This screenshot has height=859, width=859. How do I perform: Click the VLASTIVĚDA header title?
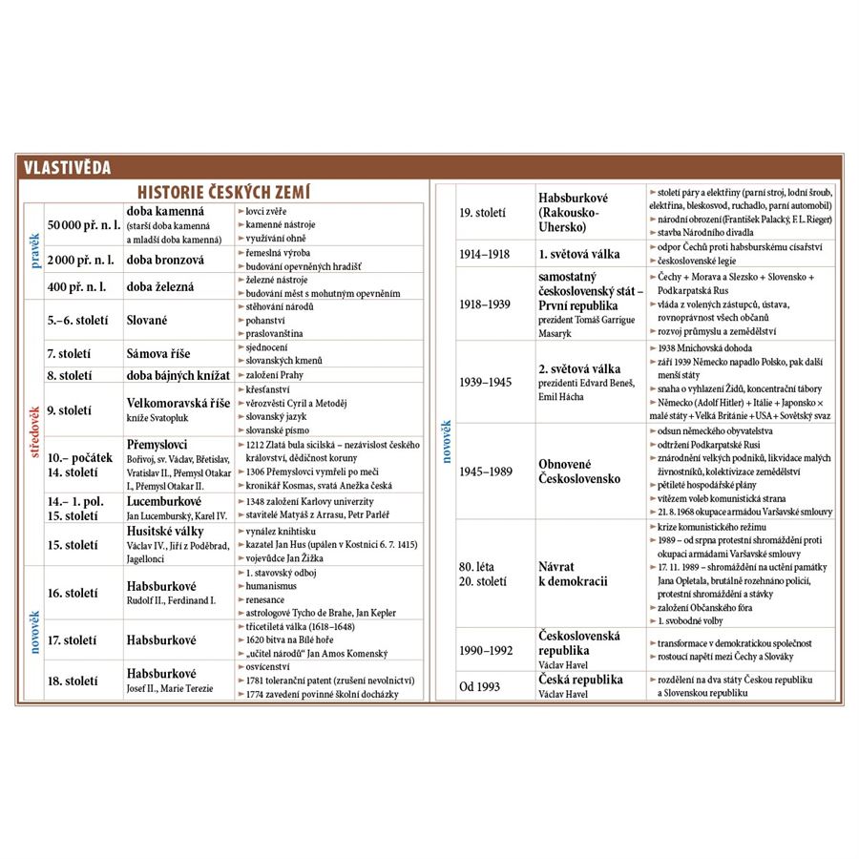pos(68,169)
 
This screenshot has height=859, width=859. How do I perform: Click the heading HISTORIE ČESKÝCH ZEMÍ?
pos(224,191)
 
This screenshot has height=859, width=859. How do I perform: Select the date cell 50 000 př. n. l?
pos(84,225)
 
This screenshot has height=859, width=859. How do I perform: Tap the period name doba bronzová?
pos(165,260)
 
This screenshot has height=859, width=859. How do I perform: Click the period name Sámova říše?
pos(165,353)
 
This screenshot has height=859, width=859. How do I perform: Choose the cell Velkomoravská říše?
pos(178,403)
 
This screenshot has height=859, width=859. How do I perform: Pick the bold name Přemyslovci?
pos(157,445)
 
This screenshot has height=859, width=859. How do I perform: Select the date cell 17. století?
pos(73,639)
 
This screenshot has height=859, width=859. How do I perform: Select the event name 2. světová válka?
pos(579,368)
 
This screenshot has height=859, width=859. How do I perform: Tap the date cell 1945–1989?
pos(486,471)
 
